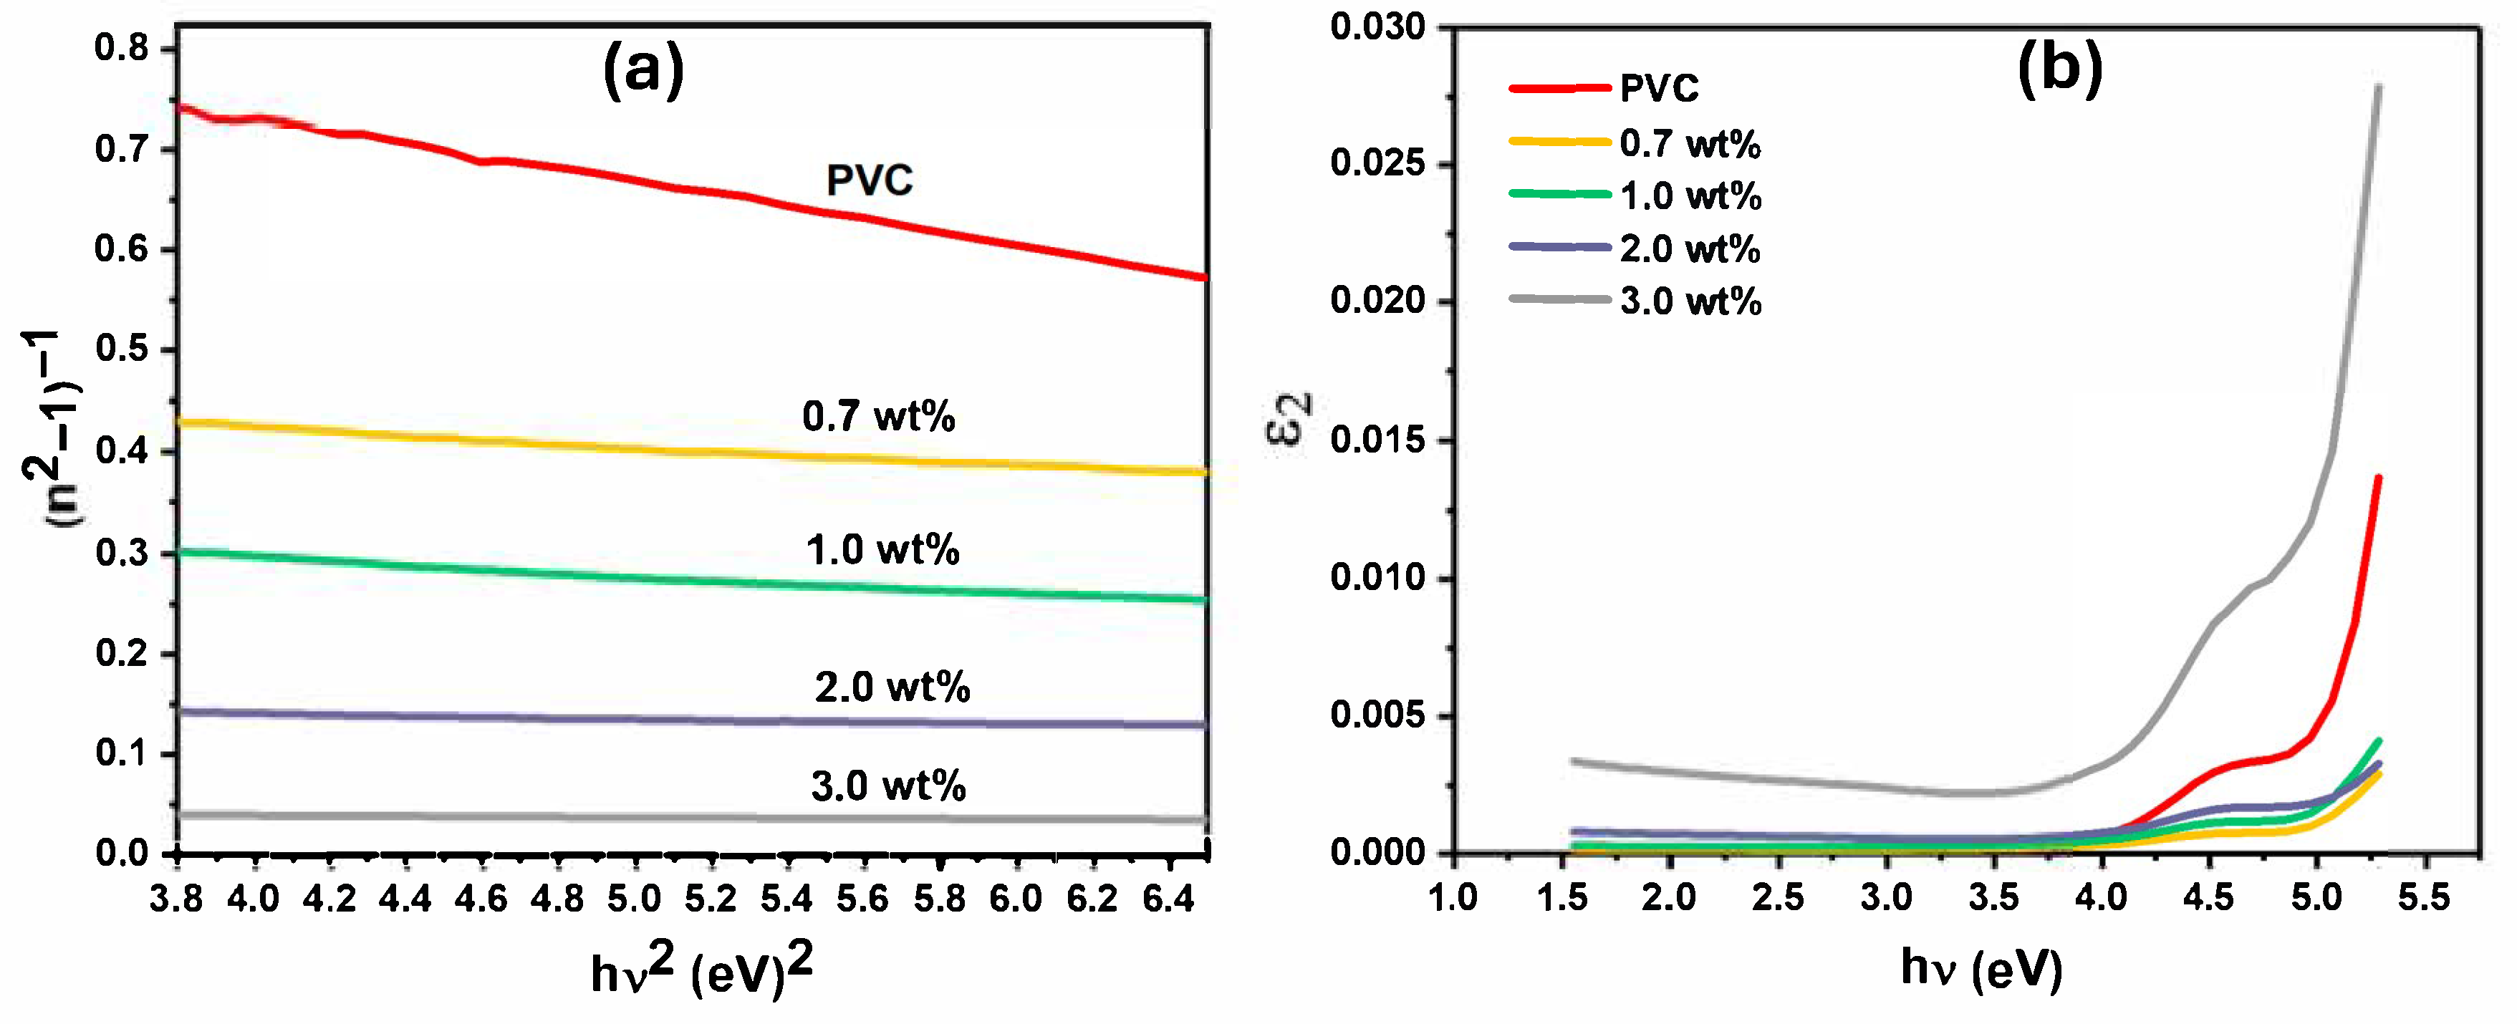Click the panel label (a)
[x=643, y=70]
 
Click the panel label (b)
[x=2060, y=70]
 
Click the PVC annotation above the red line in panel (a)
[x=869, y=180]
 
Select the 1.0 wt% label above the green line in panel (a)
[x=882, y=550]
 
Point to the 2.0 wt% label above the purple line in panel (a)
[x=892, y=687]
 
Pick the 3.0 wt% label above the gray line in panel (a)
[x=888, y=786]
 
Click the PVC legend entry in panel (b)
[x=1658, y=88]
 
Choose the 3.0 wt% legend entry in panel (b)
[x=1690, y=301]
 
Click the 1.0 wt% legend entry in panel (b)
[x=1690, y=195]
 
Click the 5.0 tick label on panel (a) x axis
[x=634, y=897]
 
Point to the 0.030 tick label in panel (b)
[x=1377, y=26]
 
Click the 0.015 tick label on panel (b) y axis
[x=1377, y=440]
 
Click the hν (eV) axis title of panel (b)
[x=1981, y=970]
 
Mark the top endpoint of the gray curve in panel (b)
[x=2378, y=87]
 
